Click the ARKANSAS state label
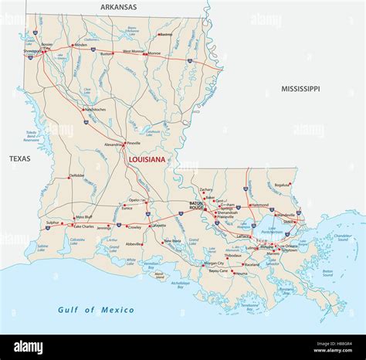click(x=118, y=7)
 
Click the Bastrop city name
click(x=166, y=34)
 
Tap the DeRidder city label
click(x=76, y=175)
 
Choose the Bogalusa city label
click(x=282, y=185)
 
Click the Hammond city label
click(x=260, y=205)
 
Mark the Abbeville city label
click(x=134, y=243)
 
